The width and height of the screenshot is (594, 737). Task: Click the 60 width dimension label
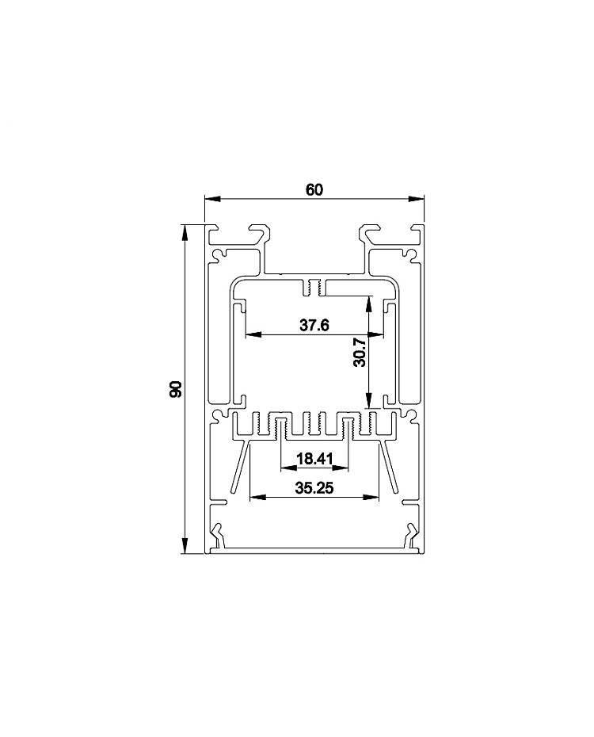click(x=314, y=190)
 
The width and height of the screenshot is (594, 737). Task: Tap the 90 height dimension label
click(x=175, y=389)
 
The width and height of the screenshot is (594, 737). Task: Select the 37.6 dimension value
click(x=314, y=325)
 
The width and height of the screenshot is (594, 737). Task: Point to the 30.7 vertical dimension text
click(x=360, y=352)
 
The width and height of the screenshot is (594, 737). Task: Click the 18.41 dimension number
click(x=314, y=458)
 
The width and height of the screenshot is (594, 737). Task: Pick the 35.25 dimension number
click(x=314, y=488)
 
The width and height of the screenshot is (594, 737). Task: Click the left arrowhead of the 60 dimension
click(x=212, y=199)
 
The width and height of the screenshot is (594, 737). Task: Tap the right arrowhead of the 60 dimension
click(x=416, y=199)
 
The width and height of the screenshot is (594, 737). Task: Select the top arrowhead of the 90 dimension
click(x=185, y=232)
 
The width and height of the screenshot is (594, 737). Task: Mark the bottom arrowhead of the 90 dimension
click(x=185, y=546)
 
